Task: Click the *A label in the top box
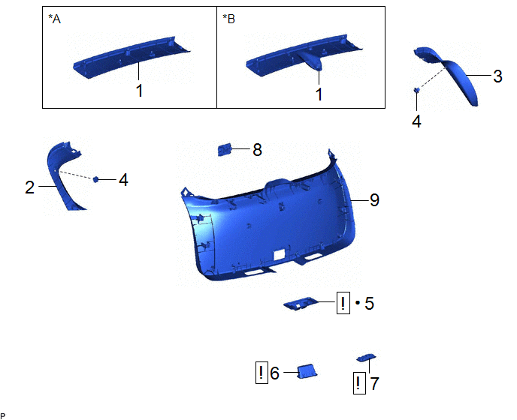click(54, 19)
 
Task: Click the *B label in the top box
click(228, 19)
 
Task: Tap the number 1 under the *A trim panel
click(140, 91)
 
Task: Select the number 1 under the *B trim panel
click(319, 94)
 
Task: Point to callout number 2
click(29, 187)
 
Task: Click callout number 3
click(497, 76)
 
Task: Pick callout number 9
click(374, 199)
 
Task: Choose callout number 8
click(257, 150)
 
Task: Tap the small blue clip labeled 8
click(225, 149)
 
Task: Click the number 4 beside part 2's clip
click(123, 180)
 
